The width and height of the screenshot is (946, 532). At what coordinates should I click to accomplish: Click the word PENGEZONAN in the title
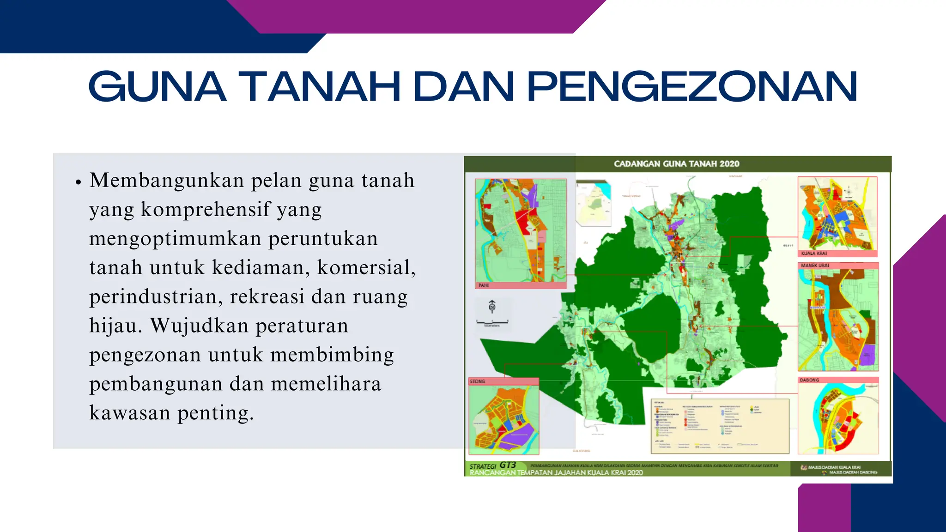[691, 86]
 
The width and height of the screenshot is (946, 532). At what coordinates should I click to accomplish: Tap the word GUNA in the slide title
[157, 86]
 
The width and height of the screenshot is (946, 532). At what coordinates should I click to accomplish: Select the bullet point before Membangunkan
[79, 182]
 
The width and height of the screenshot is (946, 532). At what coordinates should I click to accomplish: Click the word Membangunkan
[167, 181]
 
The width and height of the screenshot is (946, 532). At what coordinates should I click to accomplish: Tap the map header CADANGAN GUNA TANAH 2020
[676, 163]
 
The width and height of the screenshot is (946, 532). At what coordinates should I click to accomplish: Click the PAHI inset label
[484, 285]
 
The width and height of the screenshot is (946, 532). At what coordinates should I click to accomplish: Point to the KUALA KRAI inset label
[814, 254]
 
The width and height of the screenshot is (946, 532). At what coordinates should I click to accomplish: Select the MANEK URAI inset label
[815, 266]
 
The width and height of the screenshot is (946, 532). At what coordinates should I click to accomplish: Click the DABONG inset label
[809, 380]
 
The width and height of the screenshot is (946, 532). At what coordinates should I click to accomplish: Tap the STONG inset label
[477, 381]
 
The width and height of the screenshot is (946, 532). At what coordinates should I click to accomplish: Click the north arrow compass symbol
[492, 307]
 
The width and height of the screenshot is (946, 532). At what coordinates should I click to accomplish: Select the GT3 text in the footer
[508, 465]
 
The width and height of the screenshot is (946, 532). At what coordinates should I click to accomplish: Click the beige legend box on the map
[720, 426]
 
